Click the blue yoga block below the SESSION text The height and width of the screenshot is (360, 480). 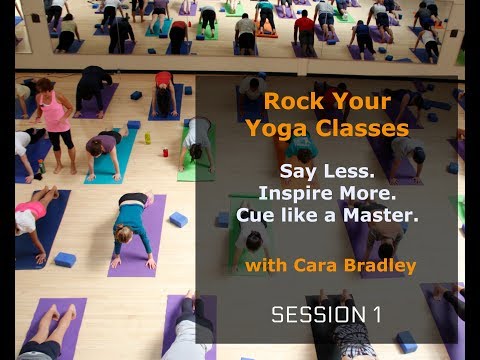pos(407,342)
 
